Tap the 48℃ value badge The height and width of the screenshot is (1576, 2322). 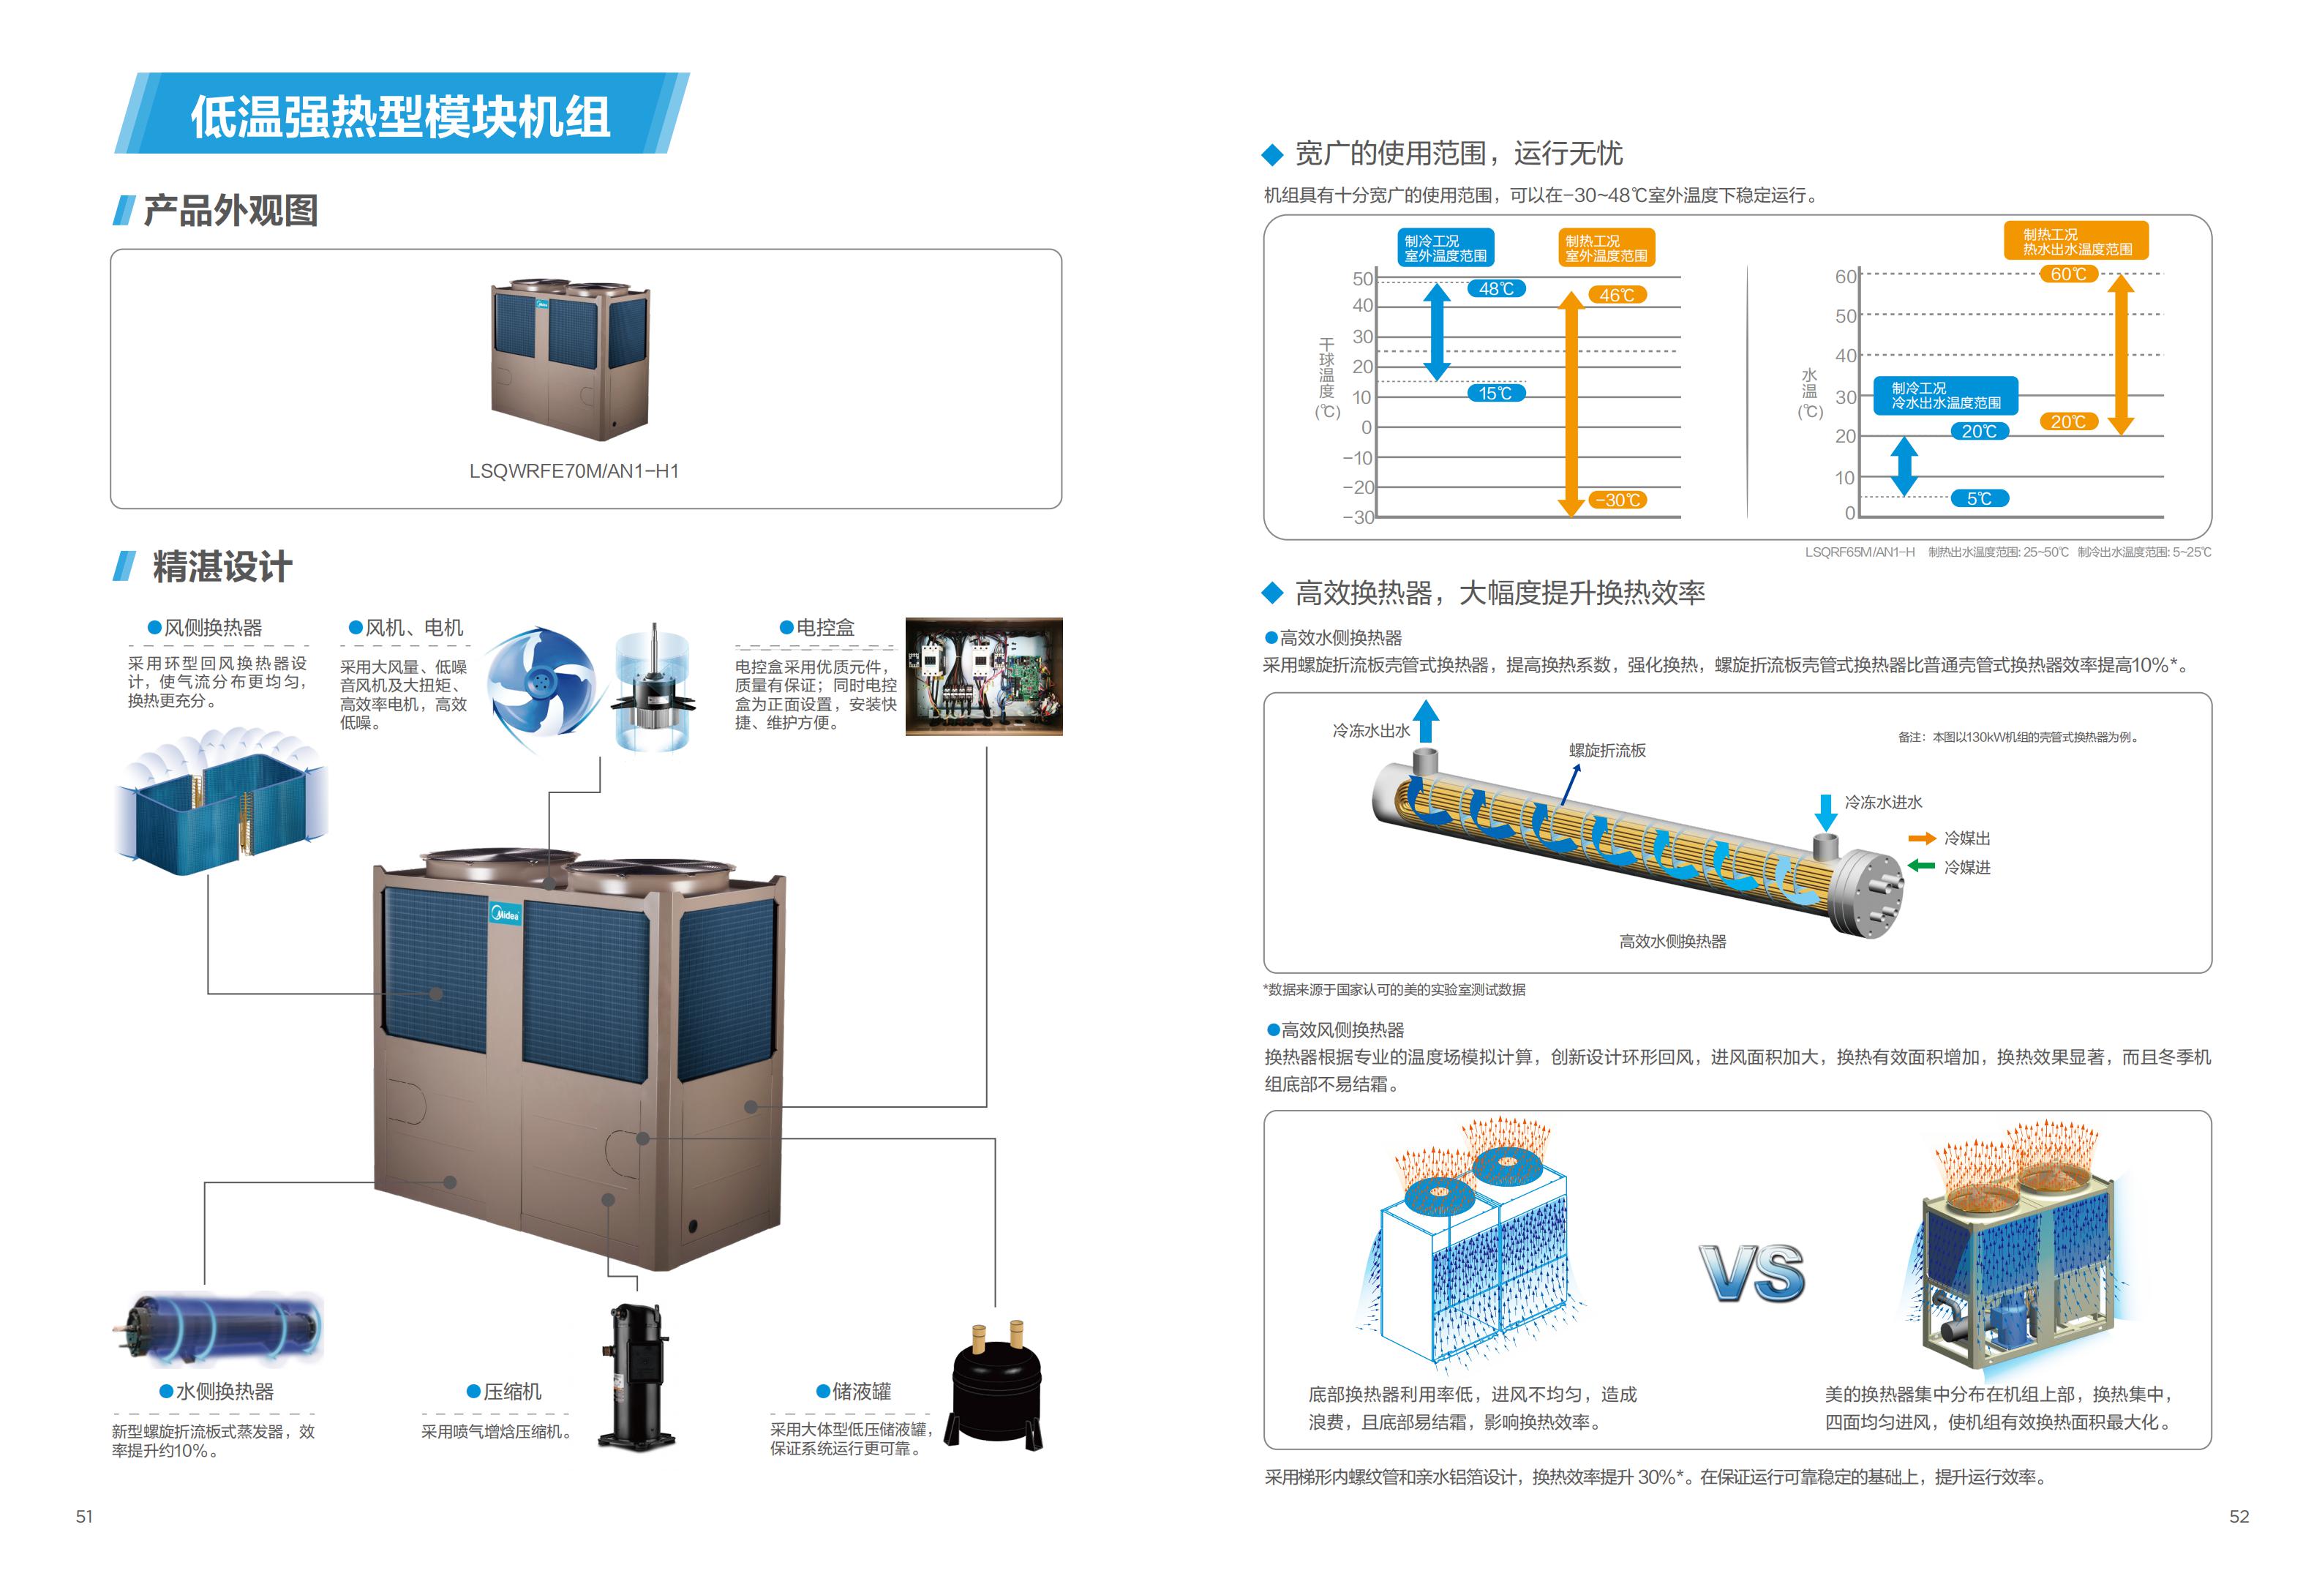tap(1496, 289)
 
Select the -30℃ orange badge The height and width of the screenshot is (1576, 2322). tap(1617, 500)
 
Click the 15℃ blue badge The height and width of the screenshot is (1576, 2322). tap(1496, 393)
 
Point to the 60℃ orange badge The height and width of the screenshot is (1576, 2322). tap(2067, 274)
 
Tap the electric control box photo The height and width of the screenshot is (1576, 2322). tap(983, 677)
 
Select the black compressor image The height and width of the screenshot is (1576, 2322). tap(637, 1376)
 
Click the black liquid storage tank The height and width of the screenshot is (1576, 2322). tap(994, 1385)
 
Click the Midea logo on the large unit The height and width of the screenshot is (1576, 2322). tap(505, 913)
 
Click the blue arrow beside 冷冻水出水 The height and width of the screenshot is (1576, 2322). tap(1426, 721)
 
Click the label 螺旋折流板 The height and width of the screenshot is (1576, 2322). tap(1607, 751)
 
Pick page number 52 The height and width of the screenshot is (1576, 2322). tap(2239, 1516)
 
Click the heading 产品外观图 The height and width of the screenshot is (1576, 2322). tap(230, 211)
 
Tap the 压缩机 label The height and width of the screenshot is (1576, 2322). tap(513, 1391)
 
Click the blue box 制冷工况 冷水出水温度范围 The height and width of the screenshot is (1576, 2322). tap(1945, 396)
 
